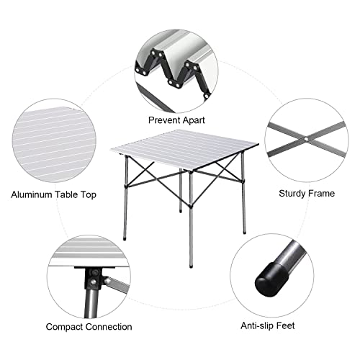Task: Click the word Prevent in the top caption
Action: click(164, 120)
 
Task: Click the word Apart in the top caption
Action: click(194, 120)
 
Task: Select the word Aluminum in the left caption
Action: click(32, 194)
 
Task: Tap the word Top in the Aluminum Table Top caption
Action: click(88, 195)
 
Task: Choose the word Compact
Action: click(64, 327)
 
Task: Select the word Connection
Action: click(109, 327)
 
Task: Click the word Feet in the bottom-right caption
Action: click(286, 325)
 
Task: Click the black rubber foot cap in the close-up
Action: click(271, 279)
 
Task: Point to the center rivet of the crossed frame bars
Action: click(306, 139)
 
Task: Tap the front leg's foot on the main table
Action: click(191, 266)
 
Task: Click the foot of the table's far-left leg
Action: click(125, 239)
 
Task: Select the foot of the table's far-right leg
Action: click(245, 232)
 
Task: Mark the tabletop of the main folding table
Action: click(184, 148)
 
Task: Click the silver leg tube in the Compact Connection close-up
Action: click(91, 303)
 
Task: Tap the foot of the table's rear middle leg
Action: click(181, 212)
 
